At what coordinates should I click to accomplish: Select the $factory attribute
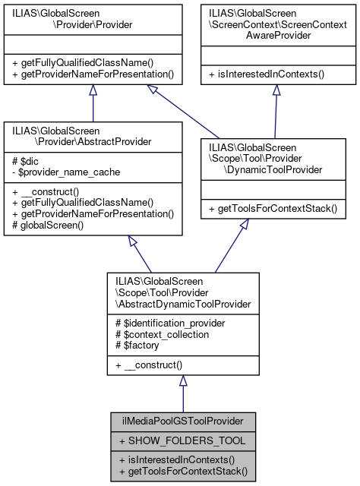coord(135,346)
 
